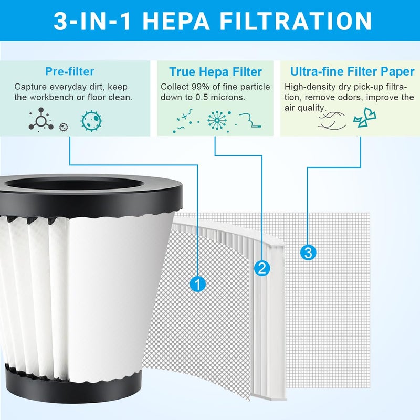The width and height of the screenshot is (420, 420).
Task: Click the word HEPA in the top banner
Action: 176,21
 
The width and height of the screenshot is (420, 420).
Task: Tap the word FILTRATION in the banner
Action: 296,21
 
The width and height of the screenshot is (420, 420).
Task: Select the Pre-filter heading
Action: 70,71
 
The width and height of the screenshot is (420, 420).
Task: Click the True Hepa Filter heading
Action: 216,72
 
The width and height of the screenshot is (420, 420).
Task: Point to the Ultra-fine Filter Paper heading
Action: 352,71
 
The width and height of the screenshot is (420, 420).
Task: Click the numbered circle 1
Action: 198,284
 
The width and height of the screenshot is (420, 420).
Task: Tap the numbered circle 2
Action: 262,268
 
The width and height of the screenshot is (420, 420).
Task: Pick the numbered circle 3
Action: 308,253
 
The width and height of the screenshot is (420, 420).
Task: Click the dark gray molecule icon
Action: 41,120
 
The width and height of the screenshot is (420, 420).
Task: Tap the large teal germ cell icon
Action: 91,121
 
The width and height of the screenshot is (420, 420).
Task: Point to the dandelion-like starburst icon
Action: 217,121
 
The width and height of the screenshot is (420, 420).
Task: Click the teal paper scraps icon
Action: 365,118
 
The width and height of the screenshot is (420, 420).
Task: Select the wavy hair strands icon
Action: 332,121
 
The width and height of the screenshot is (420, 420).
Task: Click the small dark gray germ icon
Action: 64,127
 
